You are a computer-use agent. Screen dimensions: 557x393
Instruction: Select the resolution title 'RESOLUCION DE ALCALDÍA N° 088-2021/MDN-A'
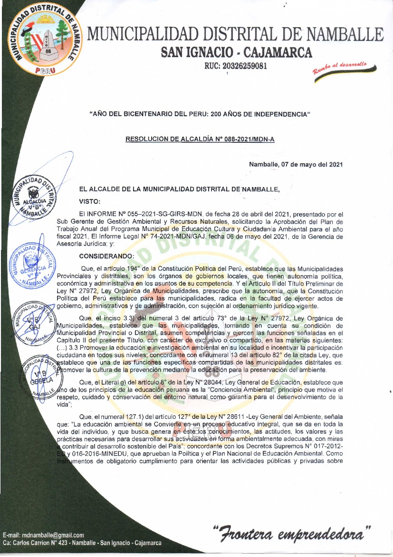[x=200, y=139]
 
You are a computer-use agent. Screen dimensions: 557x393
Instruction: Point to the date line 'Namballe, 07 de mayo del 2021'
[x=296, y=165]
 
